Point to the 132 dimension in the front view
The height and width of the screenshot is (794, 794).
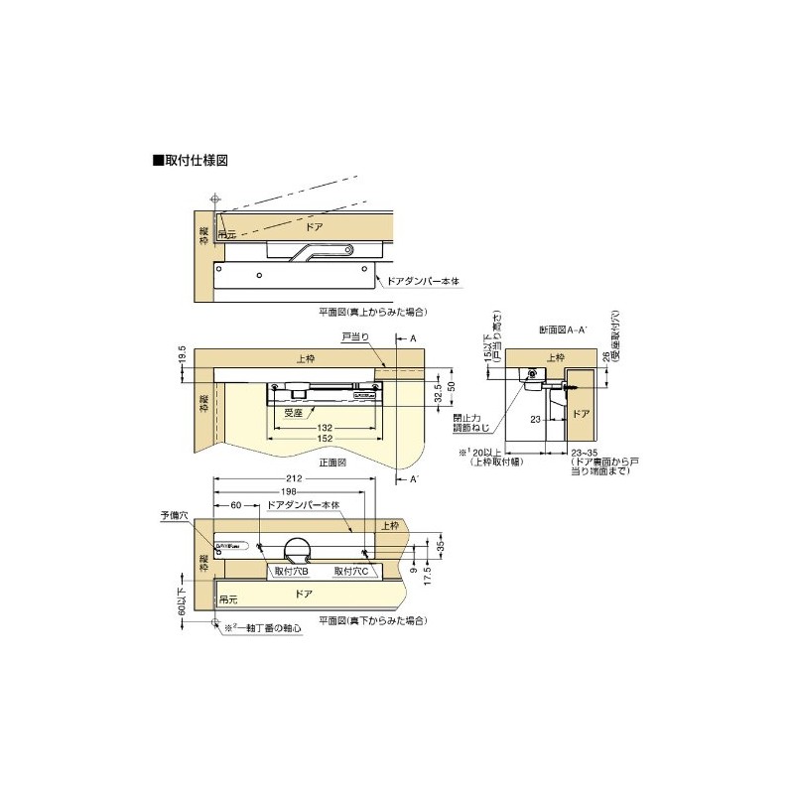tap(324, 427)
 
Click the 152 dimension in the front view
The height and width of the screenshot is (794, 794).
tap(324, 440)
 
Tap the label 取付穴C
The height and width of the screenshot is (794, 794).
tap(351, 573)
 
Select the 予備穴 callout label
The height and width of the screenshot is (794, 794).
tap(173, 516)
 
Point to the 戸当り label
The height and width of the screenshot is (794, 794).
tap(355, 336)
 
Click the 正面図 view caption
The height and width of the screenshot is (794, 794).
tap(333, 462)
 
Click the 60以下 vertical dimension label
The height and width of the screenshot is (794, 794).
tap(183, 595)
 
